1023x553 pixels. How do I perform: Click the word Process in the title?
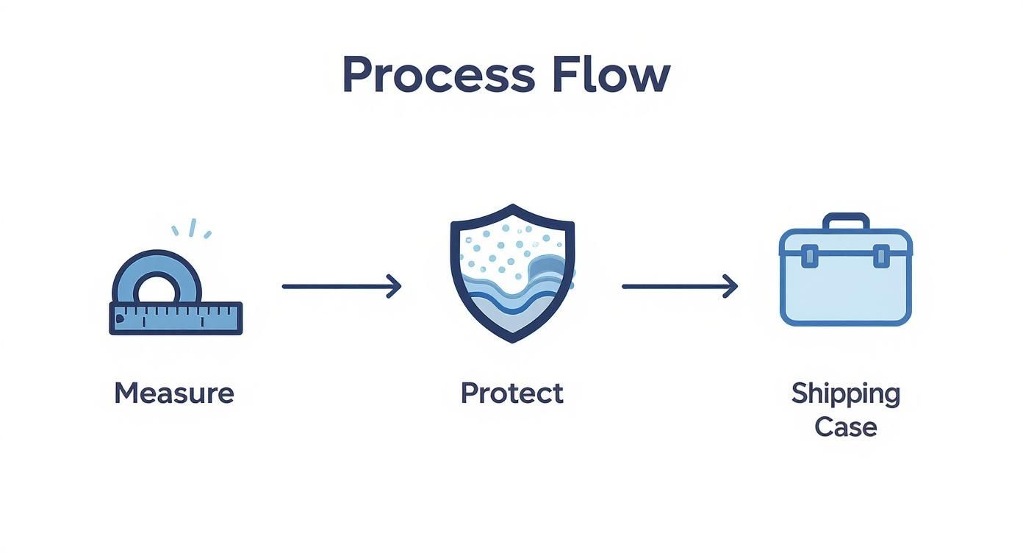click(439, 74)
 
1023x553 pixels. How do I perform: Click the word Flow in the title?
click(611, 74)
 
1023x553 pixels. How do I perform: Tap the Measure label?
click(174, 393)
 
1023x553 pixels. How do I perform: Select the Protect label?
click(512, 393)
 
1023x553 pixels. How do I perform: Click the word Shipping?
click(846, 394)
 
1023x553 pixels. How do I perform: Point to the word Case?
click(846, 428)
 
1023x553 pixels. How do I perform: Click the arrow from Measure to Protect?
click(342, 287)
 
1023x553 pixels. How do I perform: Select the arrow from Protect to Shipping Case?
click(680, 287)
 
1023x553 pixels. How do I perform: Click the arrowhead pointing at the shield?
click(395, 287)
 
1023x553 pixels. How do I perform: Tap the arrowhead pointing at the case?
click(731, 287)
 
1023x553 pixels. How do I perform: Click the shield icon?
click(512, 274)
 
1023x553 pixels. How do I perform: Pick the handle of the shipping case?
click(846, 221)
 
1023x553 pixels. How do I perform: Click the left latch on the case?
click(809, 256)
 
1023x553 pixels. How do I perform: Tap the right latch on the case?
click(881, 256)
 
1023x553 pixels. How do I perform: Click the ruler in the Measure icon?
click(176, 318)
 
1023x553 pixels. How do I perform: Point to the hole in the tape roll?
click(157, 289)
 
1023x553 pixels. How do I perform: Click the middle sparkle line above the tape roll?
click(193, 228)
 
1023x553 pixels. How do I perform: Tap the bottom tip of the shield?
click(512, 342)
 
